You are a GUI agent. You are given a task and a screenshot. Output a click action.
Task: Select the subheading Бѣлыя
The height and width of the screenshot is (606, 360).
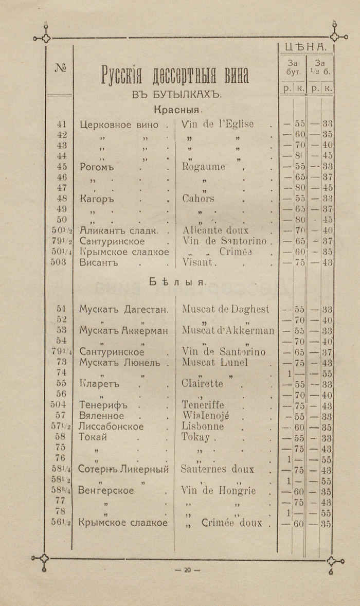(178, 282)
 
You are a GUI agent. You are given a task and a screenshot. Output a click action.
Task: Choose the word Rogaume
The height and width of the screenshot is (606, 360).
(204, 167)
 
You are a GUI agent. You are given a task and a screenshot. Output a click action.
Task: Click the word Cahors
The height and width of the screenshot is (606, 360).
(198, 199)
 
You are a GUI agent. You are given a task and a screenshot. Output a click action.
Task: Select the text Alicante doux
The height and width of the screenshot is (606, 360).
(215, 230)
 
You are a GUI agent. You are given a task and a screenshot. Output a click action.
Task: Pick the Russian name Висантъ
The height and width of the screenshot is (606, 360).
(99, 262)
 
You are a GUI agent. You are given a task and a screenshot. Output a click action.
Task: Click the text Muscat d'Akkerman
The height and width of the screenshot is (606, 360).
(228, 330)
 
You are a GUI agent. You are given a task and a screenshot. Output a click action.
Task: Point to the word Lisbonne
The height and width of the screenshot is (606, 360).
(203, 426)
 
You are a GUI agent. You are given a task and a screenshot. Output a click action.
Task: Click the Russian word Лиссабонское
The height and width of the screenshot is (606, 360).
(112, 426)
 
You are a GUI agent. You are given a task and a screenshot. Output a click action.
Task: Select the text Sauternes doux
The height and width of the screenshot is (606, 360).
(217, 469)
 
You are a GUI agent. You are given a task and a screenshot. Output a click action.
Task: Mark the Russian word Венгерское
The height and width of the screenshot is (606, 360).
(106, 490)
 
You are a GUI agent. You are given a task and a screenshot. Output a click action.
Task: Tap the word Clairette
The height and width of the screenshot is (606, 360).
(203, 384)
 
